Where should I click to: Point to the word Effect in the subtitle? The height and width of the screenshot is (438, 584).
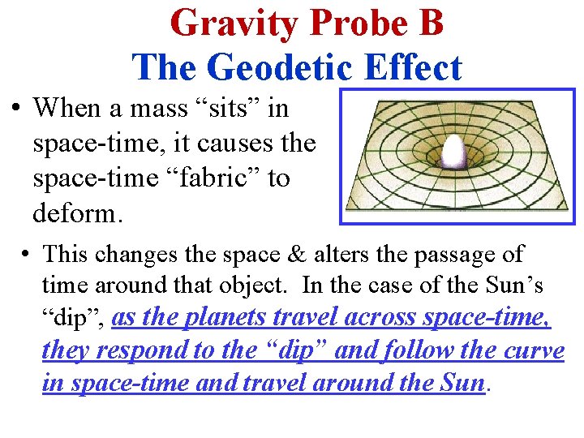(414, 67)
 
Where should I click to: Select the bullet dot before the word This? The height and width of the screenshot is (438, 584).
(27, 254)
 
